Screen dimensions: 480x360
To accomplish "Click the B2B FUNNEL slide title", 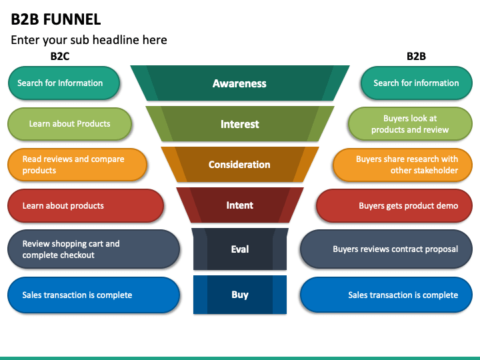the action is pyautogui.click(x=56, y=19).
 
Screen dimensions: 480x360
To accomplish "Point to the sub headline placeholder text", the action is pyautogui.click(x=89, y=40).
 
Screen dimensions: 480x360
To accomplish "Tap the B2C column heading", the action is pyautogui.click(x=60, y=56).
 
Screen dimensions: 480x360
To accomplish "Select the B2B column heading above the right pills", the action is pyautogui.click(x=416, y=56).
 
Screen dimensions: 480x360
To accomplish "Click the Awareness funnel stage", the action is pyautogui.click(x=240, y=83).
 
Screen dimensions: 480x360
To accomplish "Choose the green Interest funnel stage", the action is pyautogui.click(x=240, y=124).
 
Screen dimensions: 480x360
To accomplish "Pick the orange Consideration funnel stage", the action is pyautogui.click(x=240, y=165).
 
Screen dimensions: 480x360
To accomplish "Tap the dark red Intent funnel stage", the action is pyautogui.click(x=240, y=205).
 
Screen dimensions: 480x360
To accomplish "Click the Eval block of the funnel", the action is pyautogui.click(x=240, y=249).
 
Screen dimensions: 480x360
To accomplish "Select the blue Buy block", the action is pyautogui.click(x=240, y=295).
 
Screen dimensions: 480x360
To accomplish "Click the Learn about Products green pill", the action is pyautogui.click(x=69, y=124).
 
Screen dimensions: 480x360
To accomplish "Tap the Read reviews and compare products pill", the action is pyautogui.click(x=77, y=165).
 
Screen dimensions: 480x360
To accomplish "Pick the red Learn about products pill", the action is pyautogui.click(x=85, y=205).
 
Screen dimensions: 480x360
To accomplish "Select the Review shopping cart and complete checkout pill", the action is pyautogui.click(x=93, y=249).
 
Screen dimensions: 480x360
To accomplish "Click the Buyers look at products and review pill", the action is pyautogui.click(x=410, y=124).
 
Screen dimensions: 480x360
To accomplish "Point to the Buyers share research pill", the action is pyautogui.click(x=403, y=165).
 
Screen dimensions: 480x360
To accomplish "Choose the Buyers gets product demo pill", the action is pyautogui.click(x=394, y=205).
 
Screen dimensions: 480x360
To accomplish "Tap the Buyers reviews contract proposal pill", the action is pyautogui.click(x=386, y=249).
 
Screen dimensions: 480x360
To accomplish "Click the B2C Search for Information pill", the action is pyautogui.click(x=64, y=83).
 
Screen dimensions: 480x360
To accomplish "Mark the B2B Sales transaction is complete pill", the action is pyautogui.click(x=386, y=295).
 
